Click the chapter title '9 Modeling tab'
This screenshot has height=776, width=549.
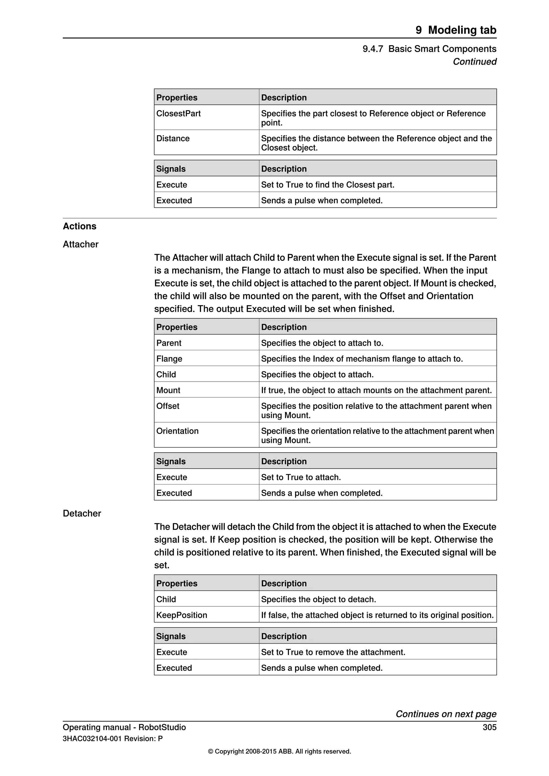456,30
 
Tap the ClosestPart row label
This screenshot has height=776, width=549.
178,114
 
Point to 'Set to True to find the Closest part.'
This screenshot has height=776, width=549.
328,185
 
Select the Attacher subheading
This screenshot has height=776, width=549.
80,244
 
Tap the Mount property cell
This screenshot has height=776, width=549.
168,390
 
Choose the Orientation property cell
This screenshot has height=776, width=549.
177,431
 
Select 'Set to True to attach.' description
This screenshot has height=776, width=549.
301,477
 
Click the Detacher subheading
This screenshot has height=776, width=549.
82,513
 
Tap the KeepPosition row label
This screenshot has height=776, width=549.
181,615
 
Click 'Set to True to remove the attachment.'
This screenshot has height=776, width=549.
333,652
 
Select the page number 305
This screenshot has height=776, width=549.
489,727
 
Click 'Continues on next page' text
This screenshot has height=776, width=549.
446,714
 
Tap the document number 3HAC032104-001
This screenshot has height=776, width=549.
92,739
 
